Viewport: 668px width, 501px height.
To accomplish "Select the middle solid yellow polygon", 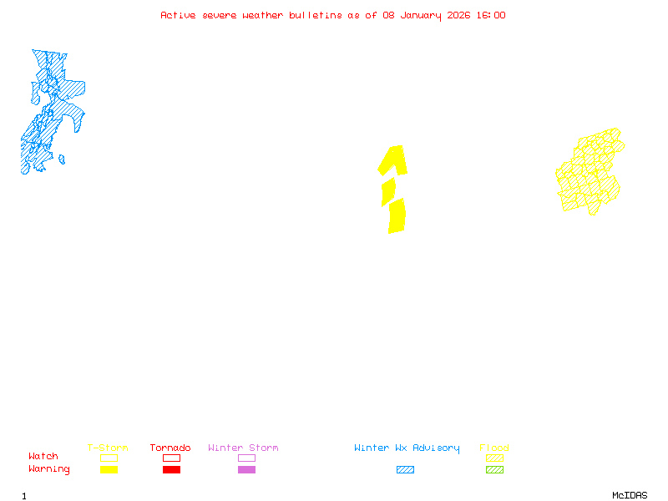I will pos(388,192).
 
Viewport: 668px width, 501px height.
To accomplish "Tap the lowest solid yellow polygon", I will pos(397,215).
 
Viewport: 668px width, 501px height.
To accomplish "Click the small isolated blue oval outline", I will pos(61,159).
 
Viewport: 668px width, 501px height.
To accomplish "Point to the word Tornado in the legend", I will pos(170,448).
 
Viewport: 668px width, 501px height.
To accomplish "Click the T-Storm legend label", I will pos(108,448).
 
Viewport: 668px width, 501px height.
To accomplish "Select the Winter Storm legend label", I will pos(243,448).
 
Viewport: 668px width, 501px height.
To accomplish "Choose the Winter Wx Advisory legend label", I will pos(407,448).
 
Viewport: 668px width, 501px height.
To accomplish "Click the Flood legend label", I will pos(494,448).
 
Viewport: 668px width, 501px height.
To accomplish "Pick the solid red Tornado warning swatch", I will pos(171,470).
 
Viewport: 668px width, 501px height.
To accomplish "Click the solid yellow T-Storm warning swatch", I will pos(109,470).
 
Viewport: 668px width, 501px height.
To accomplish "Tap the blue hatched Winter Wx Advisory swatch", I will pos(405,470).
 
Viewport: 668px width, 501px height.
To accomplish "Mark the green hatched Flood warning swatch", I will pos(494,470).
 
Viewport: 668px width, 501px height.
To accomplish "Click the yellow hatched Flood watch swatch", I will pos(494,458).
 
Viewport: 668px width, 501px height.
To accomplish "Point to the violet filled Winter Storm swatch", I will pos(246,470).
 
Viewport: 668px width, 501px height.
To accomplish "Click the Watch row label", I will pos(43,457).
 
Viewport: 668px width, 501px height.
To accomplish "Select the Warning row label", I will pos(49,469).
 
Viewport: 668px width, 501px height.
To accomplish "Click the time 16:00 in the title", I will pos(490,15).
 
